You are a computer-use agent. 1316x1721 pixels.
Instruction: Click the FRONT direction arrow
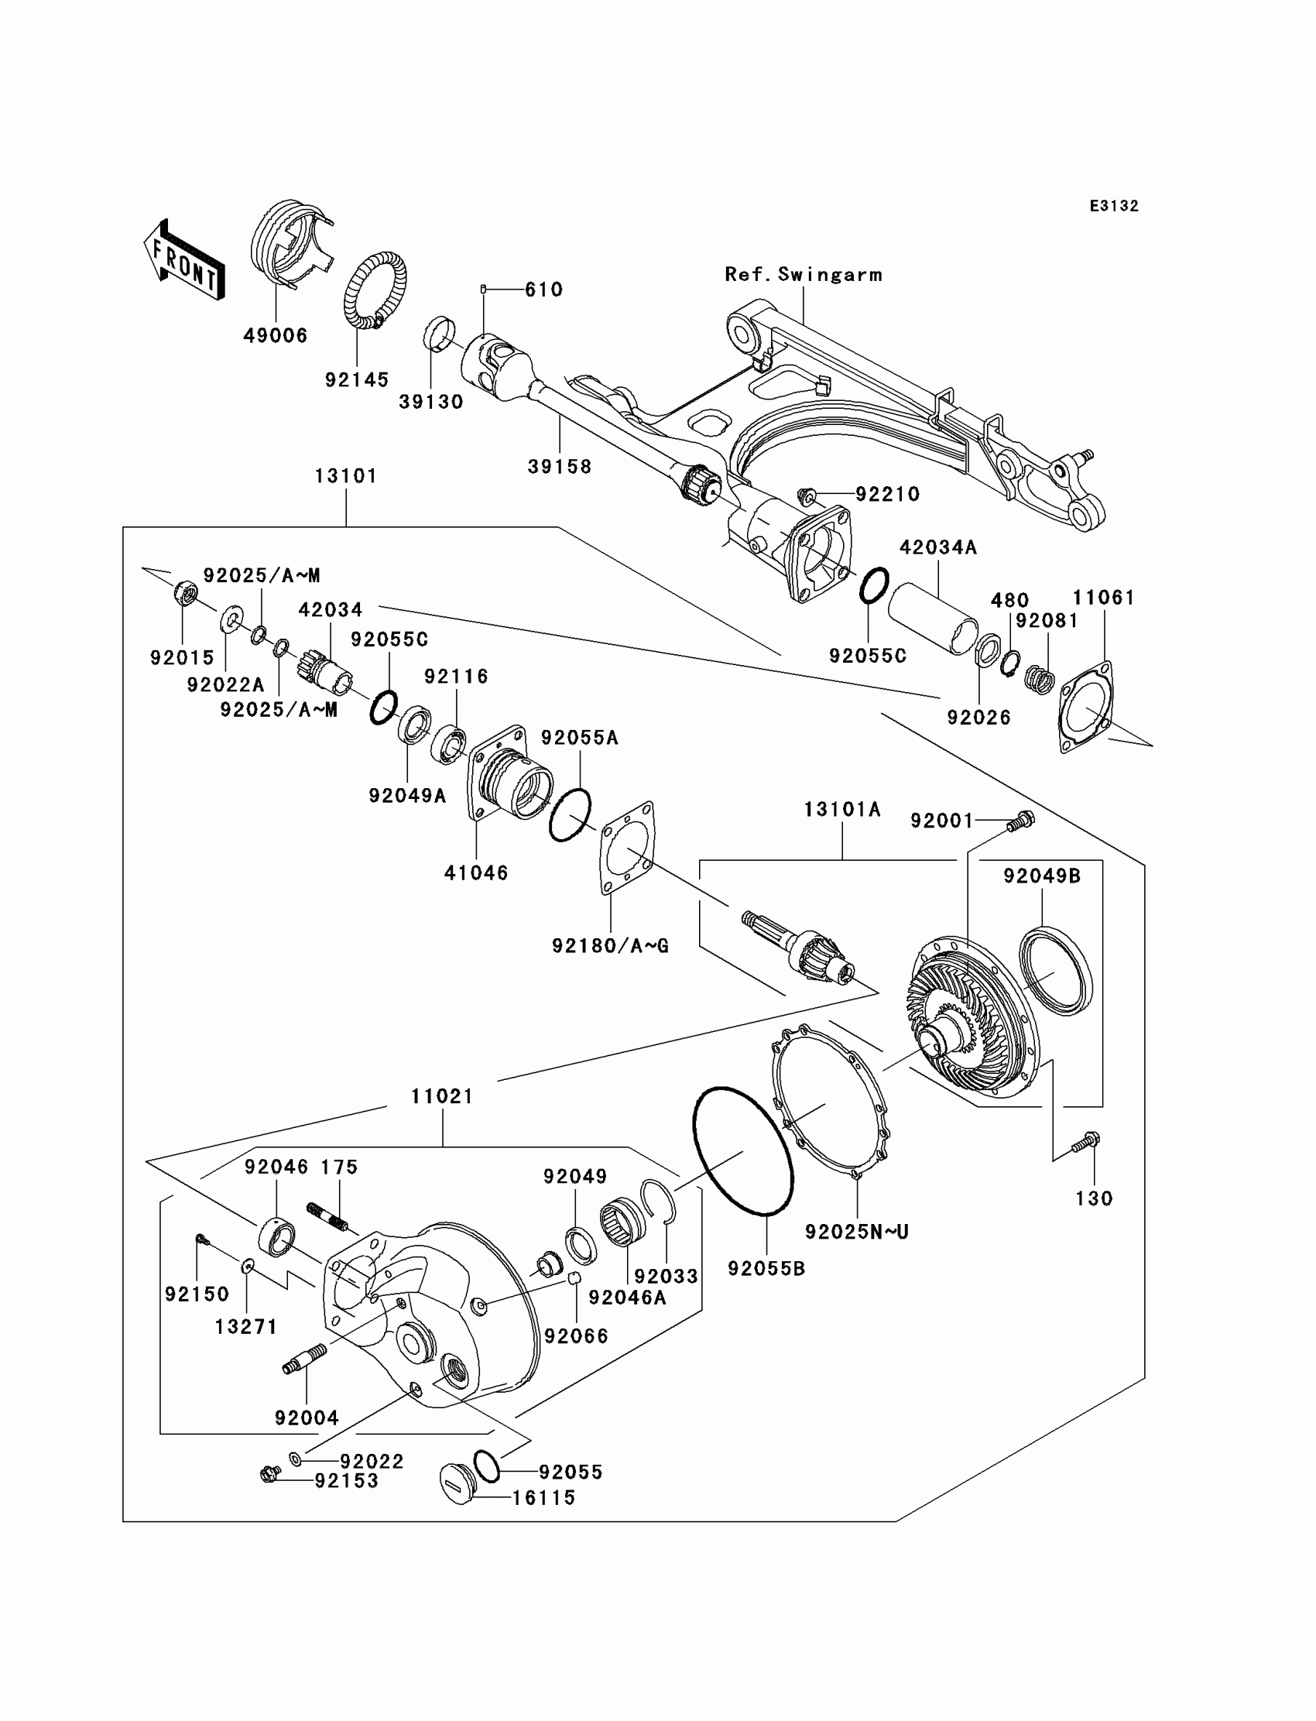(185, 259)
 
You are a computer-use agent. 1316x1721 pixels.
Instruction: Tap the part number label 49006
(275, 335)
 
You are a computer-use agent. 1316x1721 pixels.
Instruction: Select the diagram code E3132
(1114, 206)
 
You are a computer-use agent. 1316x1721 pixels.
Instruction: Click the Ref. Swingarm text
(803, 275)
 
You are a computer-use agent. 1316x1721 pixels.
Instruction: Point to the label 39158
(559, 467)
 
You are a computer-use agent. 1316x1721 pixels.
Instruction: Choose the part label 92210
(887, 494)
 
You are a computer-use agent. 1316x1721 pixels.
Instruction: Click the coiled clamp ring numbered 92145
(375, 290)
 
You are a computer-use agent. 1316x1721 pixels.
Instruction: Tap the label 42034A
(937, 547)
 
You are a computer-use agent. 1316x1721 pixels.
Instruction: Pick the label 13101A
(842, 809)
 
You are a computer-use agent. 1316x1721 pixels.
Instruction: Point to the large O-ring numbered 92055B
(742, 1150)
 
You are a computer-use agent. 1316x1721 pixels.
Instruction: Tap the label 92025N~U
(857, 1232)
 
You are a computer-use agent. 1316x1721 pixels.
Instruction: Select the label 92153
(346, 1480)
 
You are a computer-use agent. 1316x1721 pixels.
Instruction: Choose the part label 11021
(442, 1097)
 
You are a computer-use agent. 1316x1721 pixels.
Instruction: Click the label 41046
(476, 872)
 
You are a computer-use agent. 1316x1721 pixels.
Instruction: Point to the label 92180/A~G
(610, 946)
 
